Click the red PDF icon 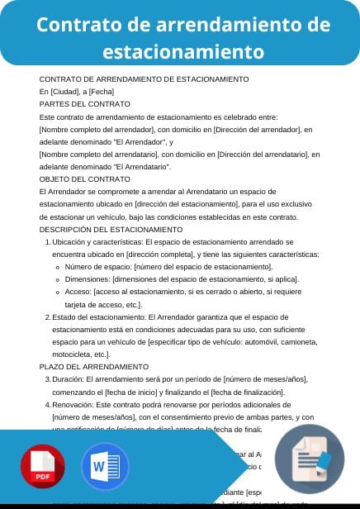44,468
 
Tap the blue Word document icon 105,468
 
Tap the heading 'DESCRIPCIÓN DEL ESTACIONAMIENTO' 111,229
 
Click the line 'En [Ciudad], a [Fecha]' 77,91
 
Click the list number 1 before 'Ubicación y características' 46,242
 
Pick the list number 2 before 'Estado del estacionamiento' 46,317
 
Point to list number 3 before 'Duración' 46,379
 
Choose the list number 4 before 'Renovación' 46,406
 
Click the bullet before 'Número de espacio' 56,268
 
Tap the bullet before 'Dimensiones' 56,280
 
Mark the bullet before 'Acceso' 56,293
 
